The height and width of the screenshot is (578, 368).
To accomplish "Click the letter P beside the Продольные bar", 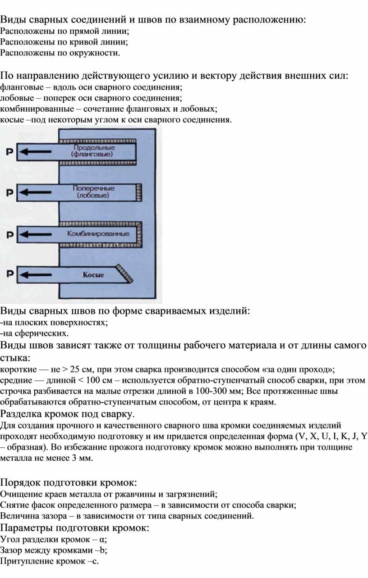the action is (x=9, y=152).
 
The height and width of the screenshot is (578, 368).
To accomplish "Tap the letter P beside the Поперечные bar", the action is (x=9, y=192).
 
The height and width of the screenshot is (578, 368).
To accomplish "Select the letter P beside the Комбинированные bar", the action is (x=10, y=235).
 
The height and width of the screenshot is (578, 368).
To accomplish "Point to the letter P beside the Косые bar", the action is (x=10, y=274).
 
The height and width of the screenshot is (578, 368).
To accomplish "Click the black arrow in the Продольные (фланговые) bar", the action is (x=35, y=151).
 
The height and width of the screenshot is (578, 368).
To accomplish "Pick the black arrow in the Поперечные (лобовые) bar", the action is (x=35, y=192).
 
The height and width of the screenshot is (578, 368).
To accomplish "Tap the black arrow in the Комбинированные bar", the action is (x=36, y=234).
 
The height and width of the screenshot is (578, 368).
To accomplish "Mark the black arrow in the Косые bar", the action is (x=36, y=274).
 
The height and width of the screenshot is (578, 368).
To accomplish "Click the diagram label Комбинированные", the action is (x=98, y=234).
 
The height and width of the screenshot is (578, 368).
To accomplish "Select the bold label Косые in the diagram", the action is (x=93, y=275).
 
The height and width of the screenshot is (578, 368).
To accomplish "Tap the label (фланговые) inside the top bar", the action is (x=92, y=155).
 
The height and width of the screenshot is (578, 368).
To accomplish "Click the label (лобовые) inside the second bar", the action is (x=93, y=196).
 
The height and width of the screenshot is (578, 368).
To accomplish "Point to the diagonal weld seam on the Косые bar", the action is (x=124, y=273).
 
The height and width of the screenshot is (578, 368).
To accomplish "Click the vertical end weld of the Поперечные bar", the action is (x=139, y=192).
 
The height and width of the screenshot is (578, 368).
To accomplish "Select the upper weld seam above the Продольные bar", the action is (x=97, y=141).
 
